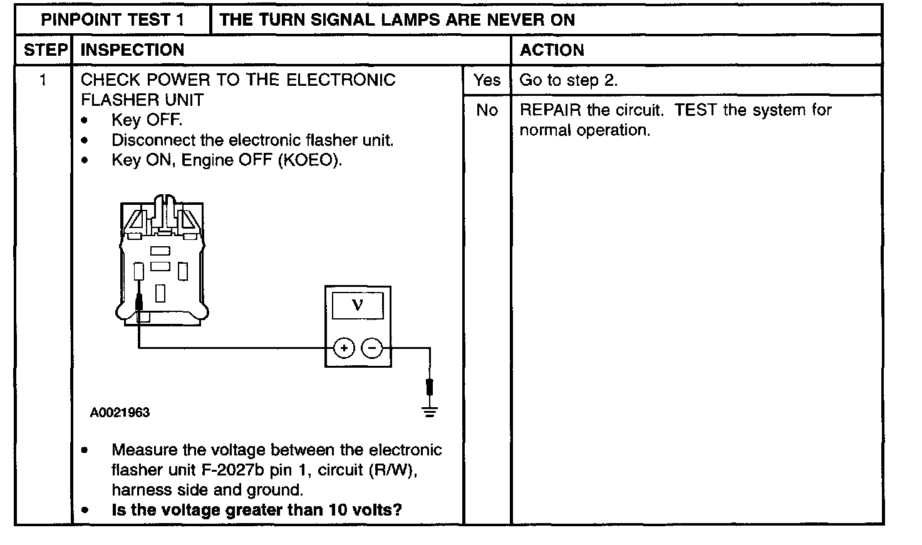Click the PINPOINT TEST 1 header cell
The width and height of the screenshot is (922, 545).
(113, 19)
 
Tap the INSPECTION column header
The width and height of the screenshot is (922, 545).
(133, 50)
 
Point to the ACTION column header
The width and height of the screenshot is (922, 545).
(552, 50)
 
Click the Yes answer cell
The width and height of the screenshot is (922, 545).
(487, 80)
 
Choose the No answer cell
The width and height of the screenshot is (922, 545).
(487, 110)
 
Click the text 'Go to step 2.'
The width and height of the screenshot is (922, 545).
(569, 80)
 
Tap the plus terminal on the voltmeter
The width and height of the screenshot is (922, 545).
(344, 348)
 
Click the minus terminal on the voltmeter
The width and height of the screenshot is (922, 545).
(373, 348)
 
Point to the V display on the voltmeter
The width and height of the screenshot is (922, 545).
(358, 305)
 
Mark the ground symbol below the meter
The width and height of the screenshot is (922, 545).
(430, 411)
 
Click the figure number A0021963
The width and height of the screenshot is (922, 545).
(120, 412)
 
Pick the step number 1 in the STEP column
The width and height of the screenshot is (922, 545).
(43, 80)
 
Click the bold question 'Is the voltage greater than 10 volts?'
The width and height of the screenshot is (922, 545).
(256, 509)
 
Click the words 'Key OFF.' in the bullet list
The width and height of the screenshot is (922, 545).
(147, 120)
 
